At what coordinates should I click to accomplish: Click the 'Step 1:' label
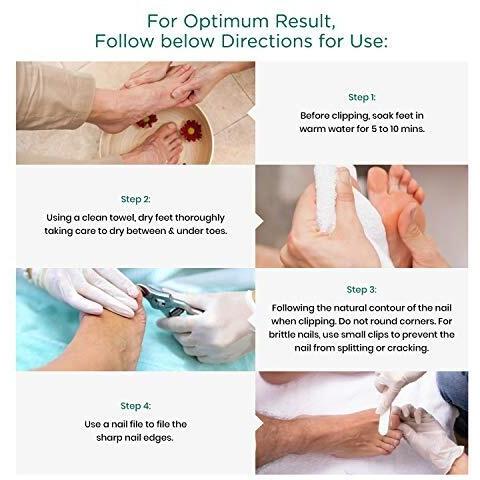click(x=362, y=97)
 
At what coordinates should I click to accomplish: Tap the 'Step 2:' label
click(x=136, y=199)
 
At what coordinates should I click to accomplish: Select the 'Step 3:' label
click(x=362, y=290)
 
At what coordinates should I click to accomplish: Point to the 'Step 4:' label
click(x=136, y=406)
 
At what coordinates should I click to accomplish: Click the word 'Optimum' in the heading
click(x=226, y=21)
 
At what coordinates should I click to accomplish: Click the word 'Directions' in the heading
click(x=267, y=41)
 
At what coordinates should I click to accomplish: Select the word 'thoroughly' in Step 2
click(x=200, y=218)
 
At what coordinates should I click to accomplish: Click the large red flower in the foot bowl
click(x=191, y=130)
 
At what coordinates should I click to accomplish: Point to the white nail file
click(x=383, y=417)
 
